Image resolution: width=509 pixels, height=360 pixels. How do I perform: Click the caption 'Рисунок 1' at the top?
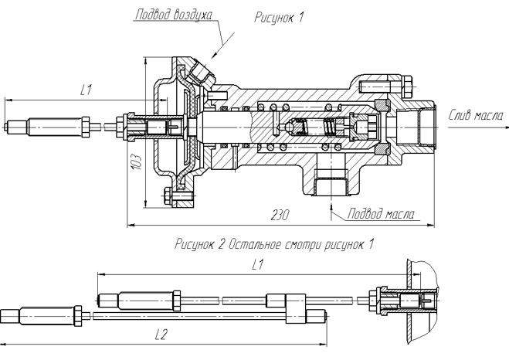click(279, 18)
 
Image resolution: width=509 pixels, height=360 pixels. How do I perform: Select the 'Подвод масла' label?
click(379, 213)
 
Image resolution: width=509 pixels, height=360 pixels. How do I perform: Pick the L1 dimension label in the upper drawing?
click(86, 90)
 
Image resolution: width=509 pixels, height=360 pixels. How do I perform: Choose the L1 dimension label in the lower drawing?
click(257, 265)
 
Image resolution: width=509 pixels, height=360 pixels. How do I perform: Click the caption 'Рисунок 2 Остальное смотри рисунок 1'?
click(275, 245)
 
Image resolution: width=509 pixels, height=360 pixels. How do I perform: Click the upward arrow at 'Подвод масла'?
click(333, 206)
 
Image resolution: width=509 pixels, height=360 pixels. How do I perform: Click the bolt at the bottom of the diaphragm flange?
click(179, 197)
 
